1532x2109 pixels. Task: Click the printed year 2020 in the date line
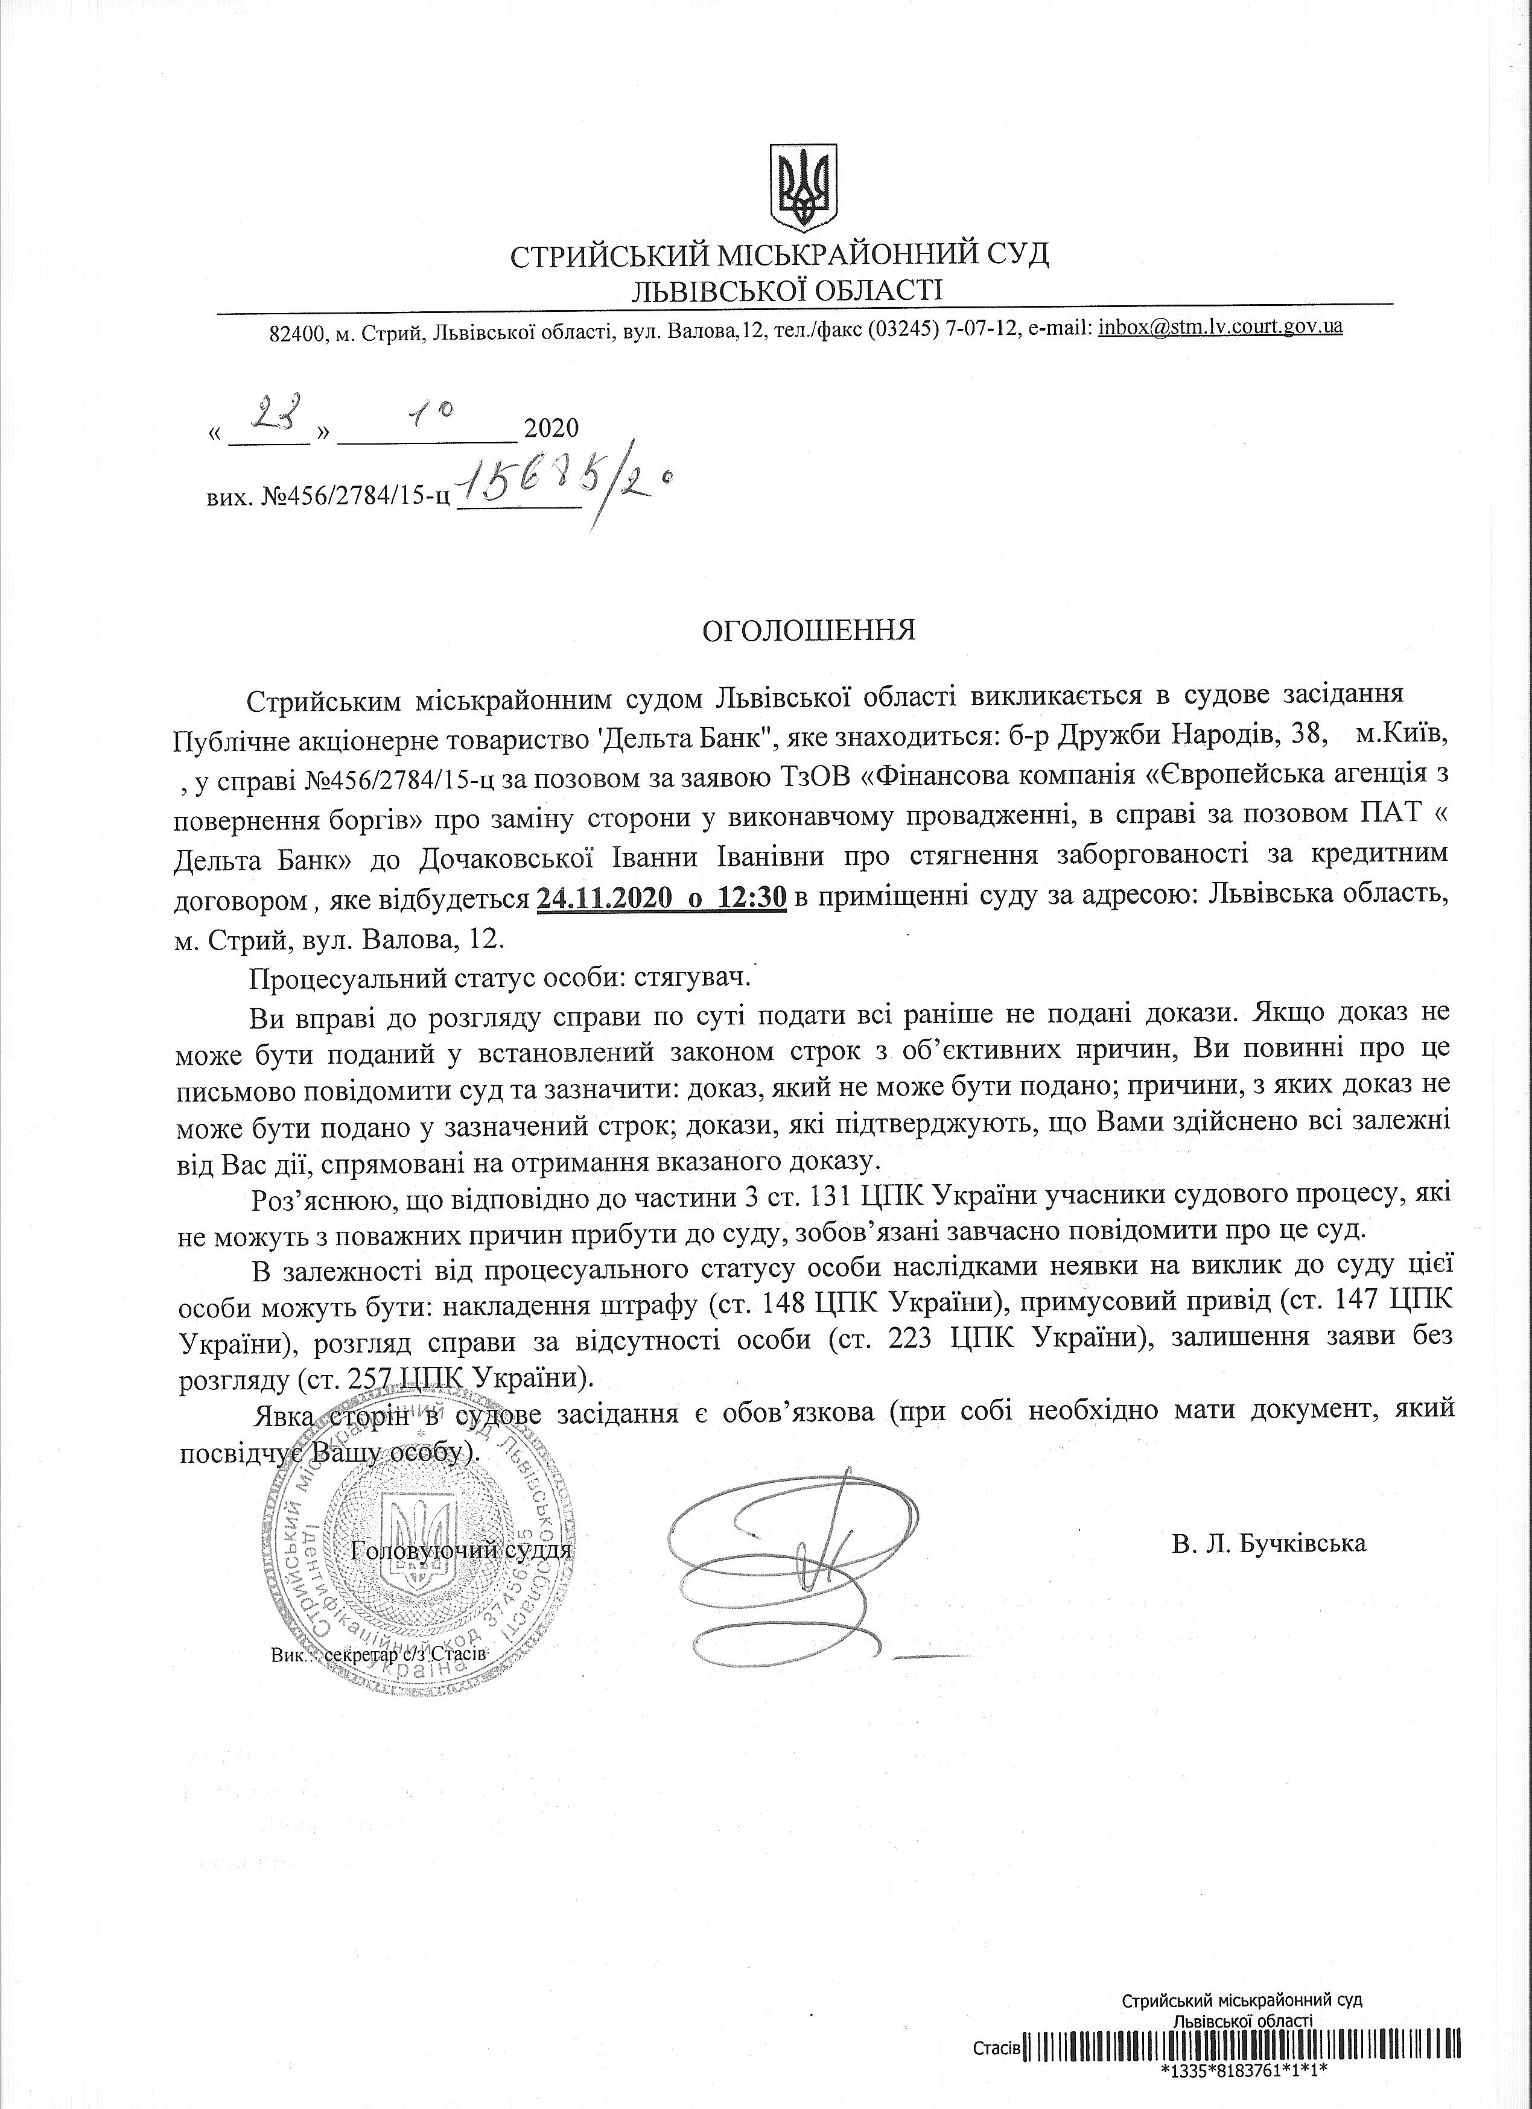(551, 429)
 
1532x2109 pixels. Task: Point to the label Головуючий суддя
(462, 1550)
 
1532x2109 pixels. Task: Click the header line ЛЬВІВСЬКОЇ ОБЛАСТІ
(786, 291)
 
